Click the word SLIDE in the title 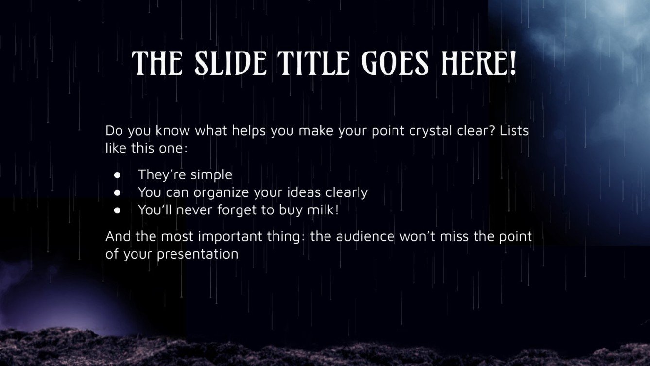(x=230, y=63)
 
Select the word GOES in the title (x=395, y=63)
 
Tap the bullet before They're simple (x=117, y=175)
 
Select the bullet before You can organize (x=117, y=193)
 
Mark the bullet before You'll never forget (x=117, y=210)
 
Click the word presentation (x=198, y=254)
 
